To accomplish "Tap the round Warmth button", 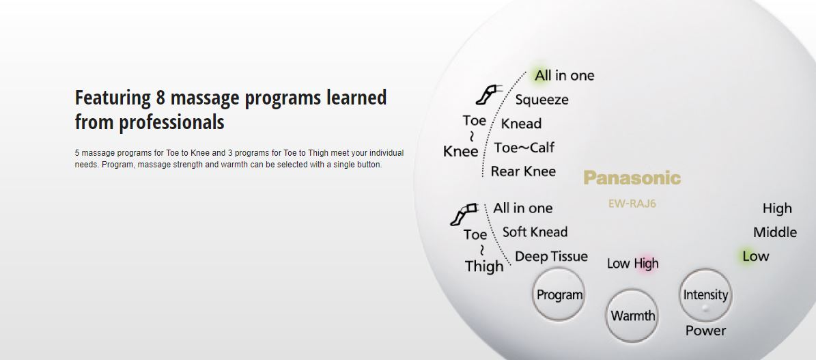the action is [x=632, y=316].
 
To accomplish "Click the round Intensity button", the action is [x=705, y=295].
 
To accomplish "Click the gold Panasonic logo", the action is [x=632, y=178].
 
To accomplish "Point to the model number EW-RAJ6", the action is [x=632, y=204].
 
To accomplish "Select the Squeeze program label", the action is [x=541, y=100].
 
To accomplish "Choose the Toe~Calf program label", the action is [x=524, y=148].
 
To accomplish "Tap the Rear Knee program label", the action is [x=523, y=171].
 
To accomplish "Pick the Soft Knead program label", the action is [x=535, y=232].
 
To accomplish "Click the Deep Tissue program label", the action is [x=551, y=256].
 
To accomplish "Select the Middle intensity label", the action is [x=775, y=232].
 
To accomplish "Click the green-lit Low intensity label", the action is [x=756, y=256].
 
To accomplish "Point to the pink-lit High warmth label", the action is [x=646, y=264].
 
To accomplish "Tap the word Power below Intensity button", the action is [x=705, y=331].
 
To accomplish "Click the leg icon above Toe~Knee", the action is [x=488, y=94].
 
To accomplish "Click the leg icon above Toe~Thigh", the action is [x=464, y=214].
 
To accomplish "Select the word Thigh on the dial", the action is [x=484, y=266].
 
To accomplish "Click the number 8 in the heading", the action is [x=160, y=98].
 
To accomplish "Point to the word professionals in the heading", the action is [x=171, y=122].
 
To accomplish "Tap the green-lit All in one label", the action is [x=564, y=76].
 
